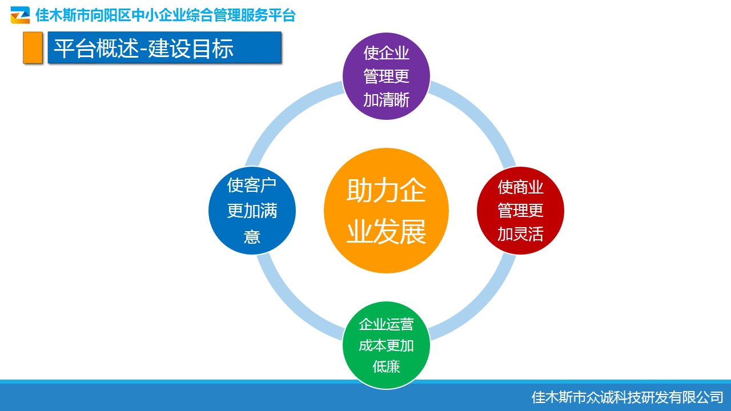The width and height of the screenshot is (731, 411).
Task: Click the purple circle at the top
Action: pos(386,76)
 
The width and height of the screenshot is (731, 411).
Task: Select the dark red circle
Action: pos(520,211)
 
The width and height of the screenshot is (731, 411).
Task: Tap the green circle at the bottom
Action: pos(386,345)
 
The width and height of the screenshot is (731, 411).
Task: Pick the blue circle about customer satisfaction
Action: pos(252,211)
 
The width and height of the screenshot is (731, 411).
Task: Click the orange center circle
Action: pos(386,211)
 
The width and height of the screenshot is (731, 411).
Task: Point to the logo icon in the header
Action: pos(20,15)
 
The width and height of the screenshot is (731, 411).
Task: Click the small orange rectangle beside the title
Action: pos(33,47)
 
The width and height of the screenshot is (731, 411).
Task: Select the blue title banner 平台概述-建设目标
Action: pos(164,47)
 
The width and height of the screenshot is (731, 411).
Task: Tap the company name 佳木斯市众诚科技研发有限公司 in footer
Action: pos(627,397)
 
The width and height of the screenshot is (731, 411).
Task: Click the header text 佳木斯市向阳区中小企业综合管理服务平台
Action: pos(166,15)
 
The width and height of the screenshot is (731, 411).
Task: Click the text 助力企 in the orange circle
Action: pos(386,190)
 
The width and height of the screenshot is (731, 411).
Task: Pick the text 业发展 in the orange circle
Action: pos(386,232)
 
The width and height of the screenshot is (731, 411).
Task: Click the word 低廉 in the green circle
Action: pos(386,366)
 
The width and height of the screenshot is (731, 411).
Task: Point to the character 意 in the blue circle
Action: pos(252,236)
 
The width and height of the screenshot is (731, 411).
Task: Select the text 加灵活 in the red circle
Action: pos(520,234)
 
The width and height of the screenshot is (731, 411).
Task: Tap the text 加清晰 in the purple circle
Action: pos(386,100)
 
